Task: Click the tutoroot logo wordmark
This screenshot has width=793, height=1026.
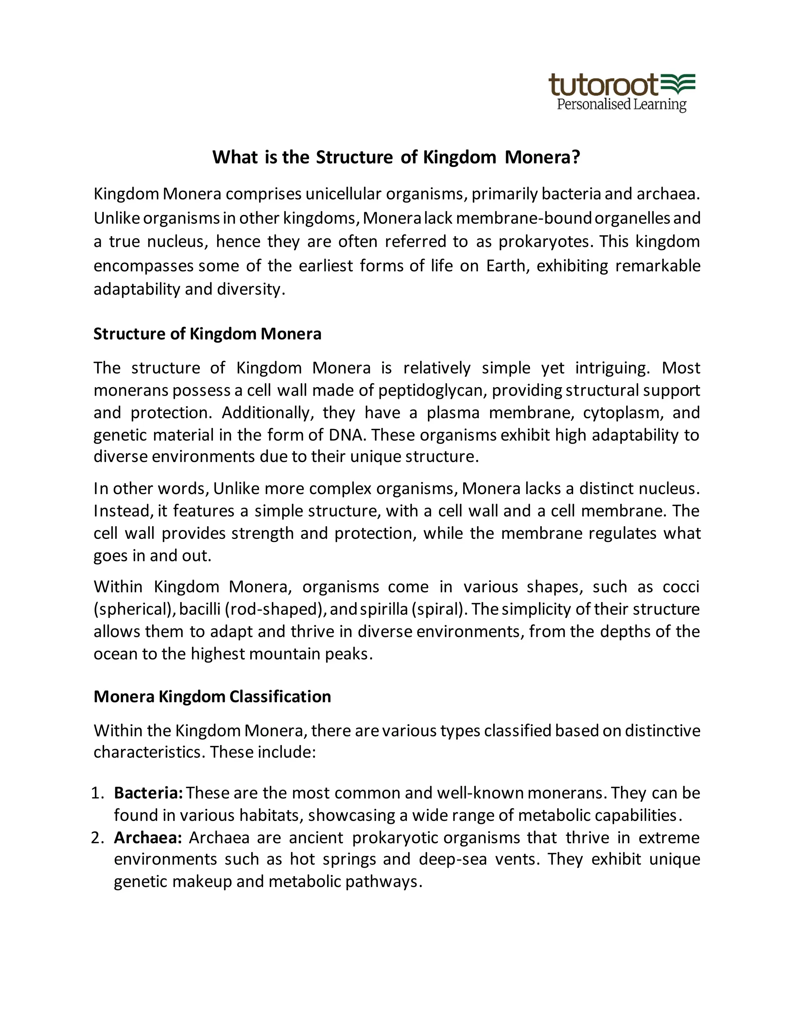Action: pyautogui.click(x=603, y=85)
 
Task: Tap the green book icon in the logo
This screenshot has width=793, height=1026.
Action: pyautogui.click(x=678, y=83)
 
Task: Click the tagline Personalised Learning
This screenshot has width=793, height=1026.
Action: pyautogui.click(x=621, y=104)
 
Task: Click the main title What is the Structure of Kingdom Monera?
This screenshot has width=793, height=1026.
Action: pyautogui.click(x=396, y=157)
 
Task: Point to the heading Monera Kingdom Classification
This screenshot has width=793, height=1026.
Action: pyautogui.click(x=212, y=696)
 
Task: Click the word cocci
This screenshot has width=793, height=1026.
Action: pyautogui.click(x=681, y=587)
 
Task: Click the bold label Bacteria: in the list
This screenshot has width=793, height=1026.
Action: pyautogui.click(x=148, y=793)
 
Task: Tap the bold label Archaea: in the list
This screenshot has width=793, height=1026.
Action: pyautogui.click(x=148, y=837)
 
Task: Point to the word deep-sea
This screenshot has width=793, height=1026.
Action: pyautogui.click(x=452, y=859)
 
